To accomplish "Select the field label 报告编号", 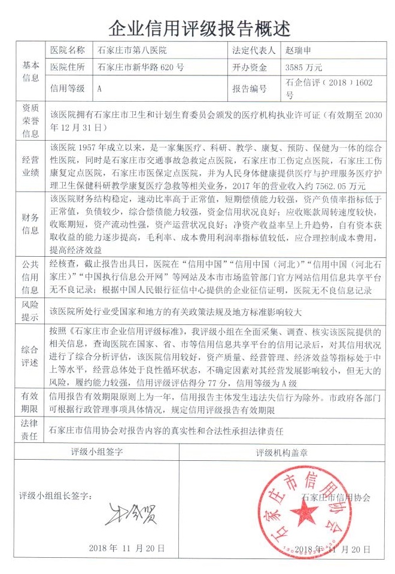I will pyautogui.click(x=249, y=89).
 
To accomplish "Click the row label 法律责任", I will pyautogui.click(x=31, y=431).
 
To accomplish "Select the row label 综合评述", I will pyautogui.click(x=31, y=355).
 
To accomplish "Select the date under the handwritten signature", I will pyautogui.click(x=126, y=548).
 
